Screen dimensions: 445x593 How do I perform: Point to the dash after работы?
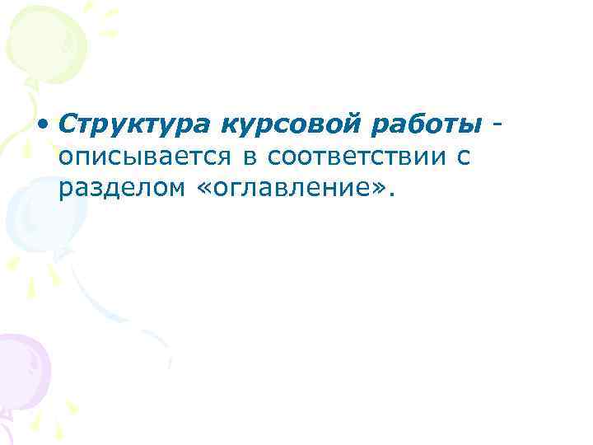[497, 124]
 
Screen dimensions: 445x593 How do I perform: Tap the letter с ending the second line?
[465, 157]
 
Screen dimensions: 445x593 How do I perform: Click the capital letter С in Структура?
[68, 124]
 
